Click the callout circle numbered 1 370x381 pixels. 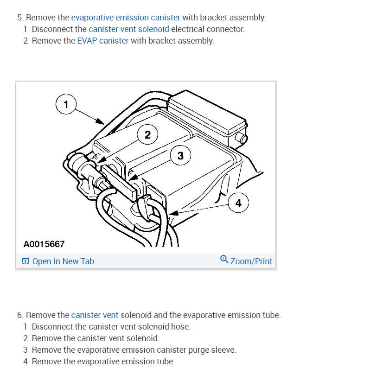coord(66,104)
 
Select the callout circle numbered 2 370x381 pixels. coord(147,135)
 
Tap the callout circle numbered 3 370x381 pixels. coord(180,156)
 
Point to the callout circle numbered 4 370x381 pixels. coord(238,203)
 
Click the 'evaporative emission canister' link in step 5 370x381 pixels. coord(126,18)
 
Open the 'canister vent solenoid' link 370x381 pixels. coord(129,29)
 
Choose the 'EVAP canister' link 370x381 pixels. coord(102,41)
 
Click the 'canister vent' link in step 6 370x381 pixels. coord(95,315)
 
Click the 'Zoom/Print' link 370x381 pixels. coord(251,261)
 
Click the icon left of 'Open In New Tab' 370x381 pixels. coord(26,261)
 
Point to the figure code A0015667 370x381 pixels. coord(44,244)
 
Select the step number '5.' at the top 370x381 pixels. coord(20,18)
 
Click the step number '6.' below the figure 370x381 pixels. coord(20,315)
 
